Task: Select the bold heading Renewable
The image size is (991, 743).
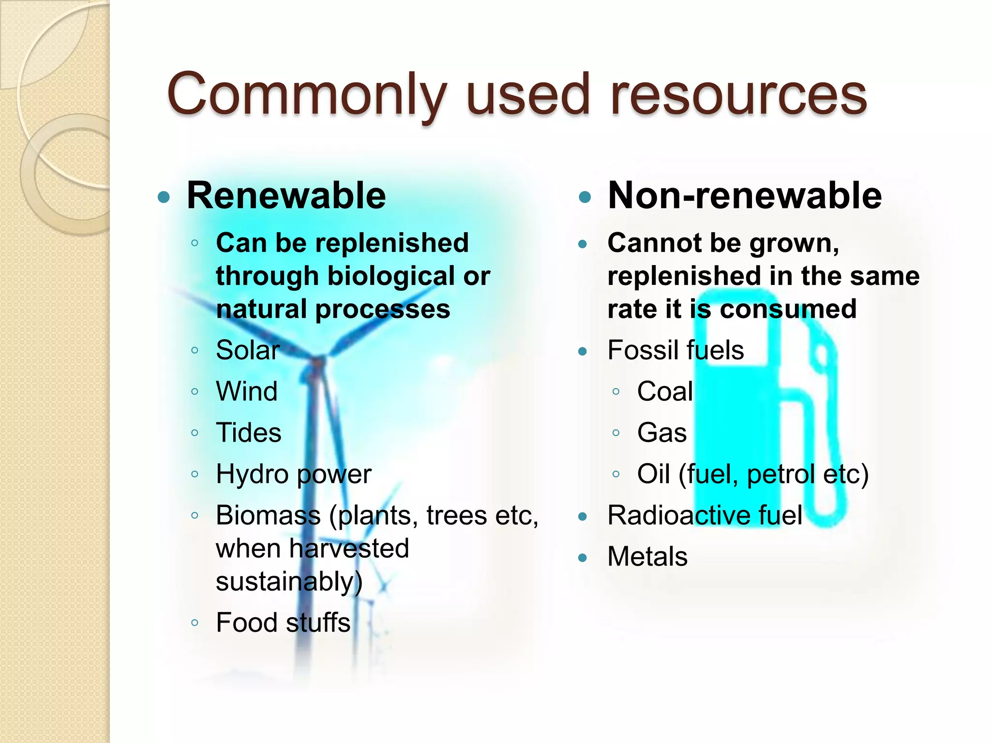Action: (x=286, y=196)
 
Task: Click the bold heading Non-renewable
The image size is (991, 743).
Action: (x=745, y=196)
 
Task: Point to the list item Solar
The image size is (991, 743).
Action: (x=248, y=350)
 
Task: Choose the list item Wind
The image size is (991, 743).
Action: (x=247, y=391)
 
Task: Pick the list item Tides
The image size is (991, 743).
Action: (x=248, y=432)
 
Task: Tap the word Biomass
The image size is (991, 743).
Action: (x=268, y=515)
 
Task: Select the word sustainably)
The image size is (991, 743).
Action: (x=289, y=581)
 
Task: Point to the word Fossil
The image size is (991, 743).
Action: (x=641, y=350)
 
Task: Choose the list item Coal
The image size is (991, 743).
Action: (x=665, y=391)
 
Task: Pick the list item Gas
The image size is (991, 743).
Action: (x=661, y=432)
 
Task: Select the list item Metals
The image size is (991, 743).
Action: (x=647, y=557)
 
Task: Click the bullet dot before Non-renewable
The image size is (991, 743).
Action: (x=585, y=197)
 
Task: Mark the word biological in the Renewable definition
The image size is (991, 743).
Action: (x=391, y=277)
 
